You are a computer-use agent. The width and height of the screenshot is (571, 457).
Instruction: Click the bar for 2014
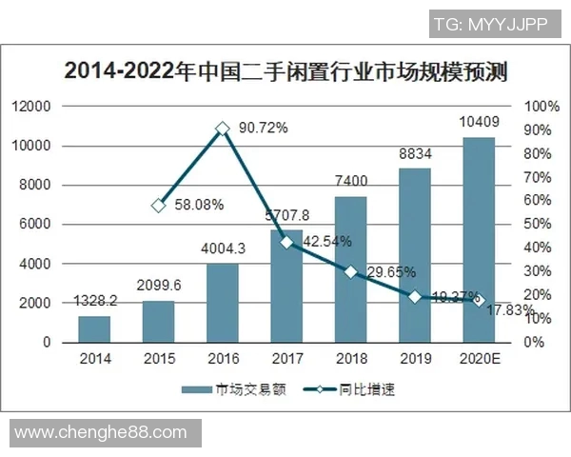94,329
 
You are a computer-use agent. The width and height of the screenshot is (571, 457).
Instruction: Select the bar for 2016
223,303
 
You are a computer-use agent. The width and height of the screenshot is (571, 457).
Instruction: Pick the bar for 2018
350,269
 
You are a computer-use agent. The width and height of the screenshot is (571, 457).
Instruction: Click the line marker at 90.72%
223,128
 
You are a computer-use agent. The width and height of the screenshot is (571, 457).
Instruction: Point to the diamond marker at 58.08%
159,205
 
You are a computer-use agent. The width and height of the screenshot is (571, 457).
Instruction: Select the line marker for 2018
350,272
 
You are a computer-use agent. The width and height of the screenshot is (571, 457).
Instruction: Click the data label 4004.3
223,250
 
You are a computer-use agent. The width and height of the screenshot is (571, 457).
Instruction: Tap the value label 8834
415,154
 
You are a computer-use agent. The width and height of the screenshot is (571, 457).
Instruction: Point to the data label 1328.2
94,302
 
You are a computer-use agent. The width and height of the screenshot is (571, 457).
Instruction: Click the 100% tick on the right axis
541,107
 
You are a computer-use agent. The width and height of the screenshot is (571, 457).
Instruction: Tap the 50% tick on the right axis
539,225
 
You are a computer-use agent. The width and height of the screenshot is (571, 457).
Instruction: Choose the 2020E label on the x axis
479,359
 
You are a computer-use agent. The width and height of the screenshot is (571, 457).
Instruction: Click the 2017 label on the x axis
286,359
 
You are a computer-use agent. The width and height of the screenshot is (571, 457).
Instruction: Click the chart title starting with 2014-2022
285,71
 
